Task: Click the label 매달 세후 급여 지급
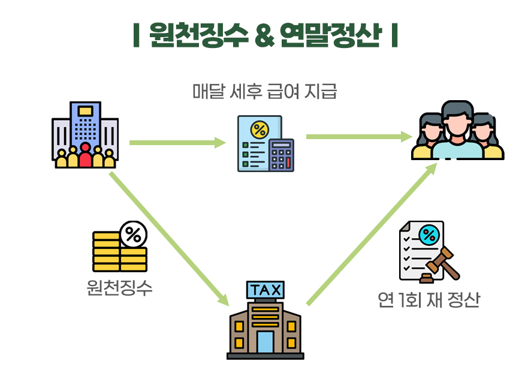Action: [265, 92]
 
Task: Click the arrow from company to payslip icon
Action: [177, 143]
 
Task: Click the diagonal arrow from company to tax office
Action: [168, 237]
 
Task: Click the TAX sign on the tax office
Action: [265, 290]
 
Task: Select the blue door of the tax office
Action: [265, 341]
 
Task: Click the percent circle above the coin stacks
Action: [133, 234]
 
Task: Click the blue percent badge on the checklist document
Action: [428, 235]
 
